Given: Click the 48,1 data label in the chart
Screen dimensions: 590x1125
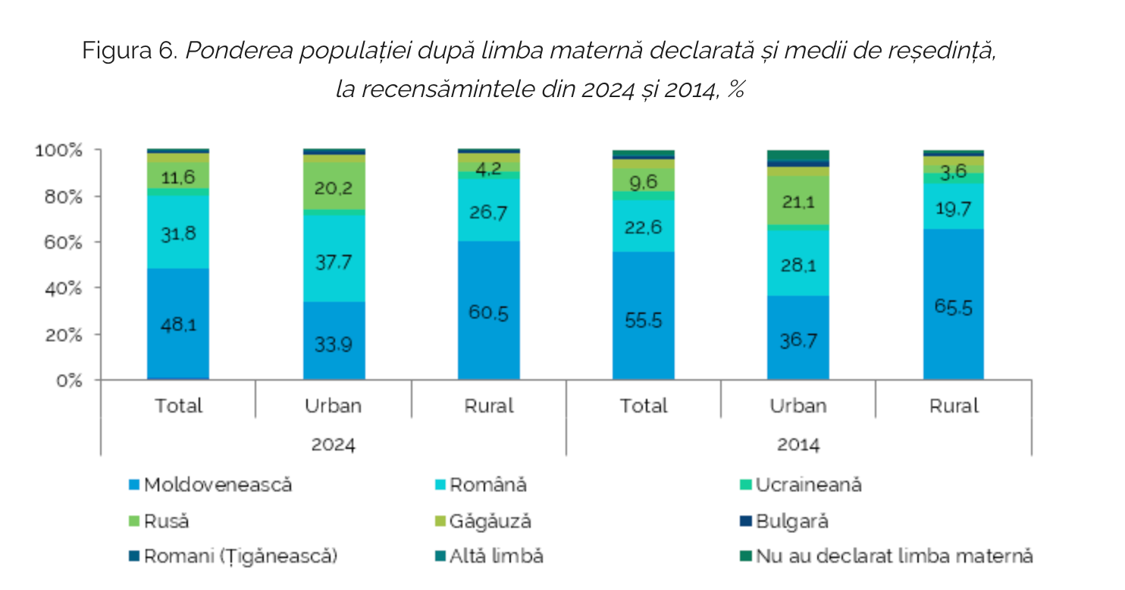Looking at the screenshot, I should tap(178, 325).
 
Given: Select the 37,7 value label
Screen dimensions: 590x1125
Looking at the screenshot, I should tap(334, 262).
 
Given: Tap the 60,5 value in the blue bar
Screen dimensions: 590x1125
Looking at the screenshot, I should tap(489, 312).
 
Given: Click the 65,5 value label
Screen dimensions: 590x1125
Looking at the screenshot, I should tap(954, 307).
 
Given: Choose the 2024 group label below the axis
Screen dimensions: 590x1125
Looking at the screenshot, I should tap(334, 444).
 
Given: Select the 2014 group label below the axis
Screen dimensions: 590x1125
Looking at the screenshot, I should tap(798, 444).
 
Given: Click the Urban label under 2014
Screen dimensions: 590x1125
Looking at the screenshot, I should tap(798, 406).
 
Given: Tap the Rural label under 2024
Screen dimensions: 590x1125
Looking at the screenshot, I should tap(489, 406).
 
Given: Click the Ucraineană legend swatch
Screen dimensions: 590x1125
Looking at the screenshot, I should tap(745, 485).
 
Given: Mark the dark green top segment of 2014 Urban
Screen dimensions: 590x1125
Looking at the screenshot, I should tap(798, 155).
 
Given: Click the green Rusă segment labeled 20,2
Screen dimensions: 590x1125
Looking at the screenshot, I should tap(334, 187).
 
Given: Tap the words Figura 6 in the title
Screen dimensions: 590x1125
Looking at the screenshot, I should tap(130, 51).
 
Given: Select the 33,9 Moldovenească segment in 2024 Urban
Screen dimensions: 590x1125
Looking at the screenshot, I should tap(334, 343).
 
